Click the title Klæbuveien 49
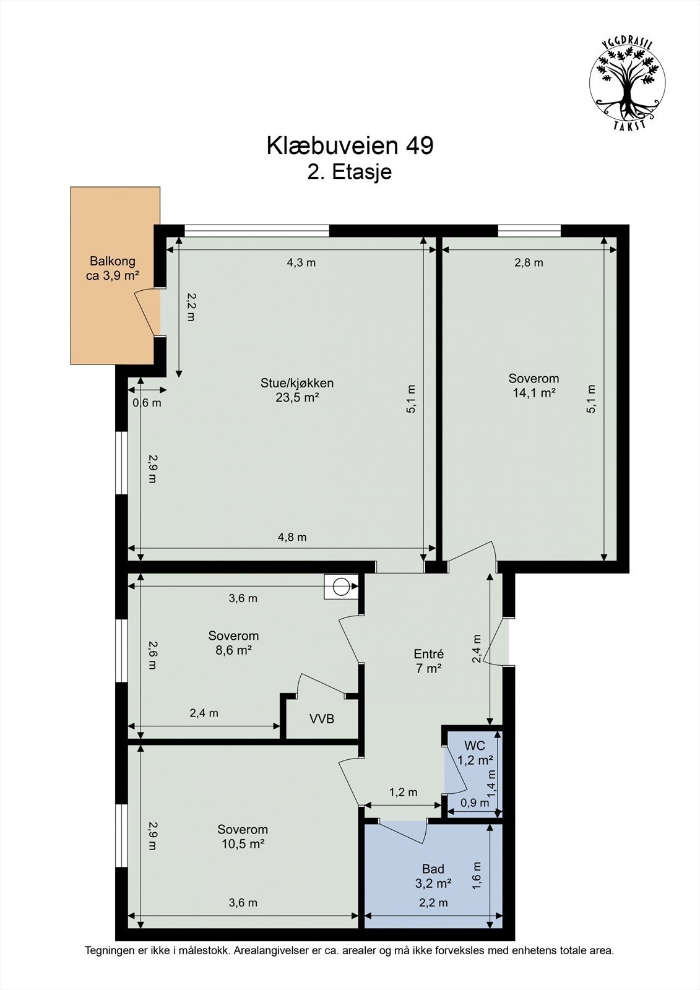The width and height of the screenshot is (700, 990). [x=350, y=146]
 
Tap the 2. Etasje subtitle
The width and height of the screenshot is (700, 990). [x=350, y=172]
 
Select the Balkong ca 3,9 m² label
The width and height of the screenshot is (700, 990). [x=112, y=269]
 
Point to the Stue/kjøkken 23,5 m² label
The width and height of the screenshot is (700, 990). [x=297, y=390]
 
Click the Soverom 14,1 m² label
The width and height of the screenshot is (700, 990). [x=534, y=385]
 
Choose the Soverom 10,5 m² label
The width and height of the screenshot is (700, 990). [x=243, y=837]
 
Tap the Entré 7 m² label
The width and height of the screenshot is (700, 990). [x=428, y=661]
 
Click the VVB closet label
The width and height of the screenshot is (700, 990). [x=322, y=719]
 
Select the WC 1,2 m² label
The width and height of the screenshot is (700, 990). [x=475, y=752]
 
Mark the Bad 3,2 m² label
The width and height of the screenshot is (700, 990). [x=433, y=876]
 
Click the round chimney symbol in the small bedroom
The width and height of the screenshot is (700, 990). [x=340, y=587]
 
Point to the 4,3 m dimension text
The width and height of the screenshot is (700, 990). [x=301, y=262]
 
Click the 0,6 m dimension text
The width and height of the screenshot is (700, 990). [x=147, y=403]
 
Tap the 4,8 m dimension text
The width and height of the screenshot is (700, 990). [x=292, y=537]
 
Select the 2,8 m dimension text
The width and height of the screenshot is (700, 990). [x=529, y=262]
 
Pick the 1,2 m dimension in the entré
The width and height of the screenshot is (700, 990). [x=403, y=792]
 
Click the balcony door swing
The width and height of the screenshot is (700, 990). [x=146, y=314]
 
